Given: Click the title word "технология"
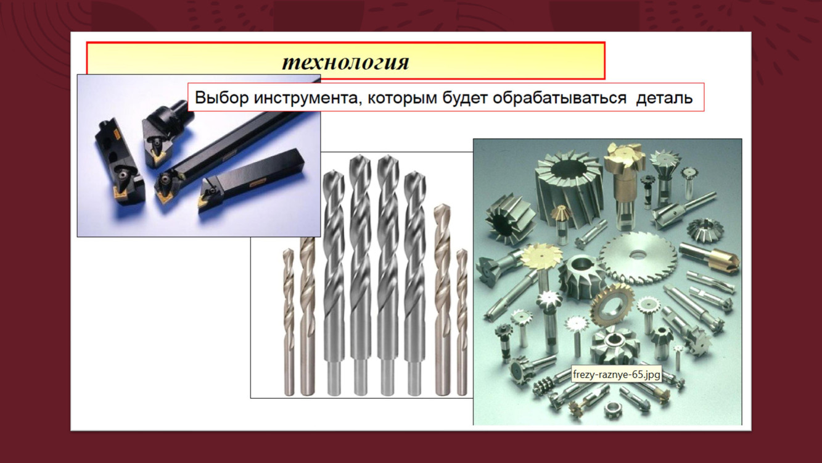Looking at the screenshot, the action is point(345,62).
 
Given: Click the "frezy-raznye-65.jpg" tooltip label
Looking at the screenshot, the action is point(617,375).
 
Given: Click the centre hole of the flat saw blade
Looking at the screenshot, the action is point(638,254).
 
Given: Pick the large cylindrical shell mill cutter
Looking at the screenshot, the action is point(568,188).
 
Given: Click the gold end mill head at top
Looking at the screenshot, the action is point(624,159).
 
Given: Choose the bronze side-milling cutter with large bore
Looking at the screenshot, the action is point(612,305).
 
